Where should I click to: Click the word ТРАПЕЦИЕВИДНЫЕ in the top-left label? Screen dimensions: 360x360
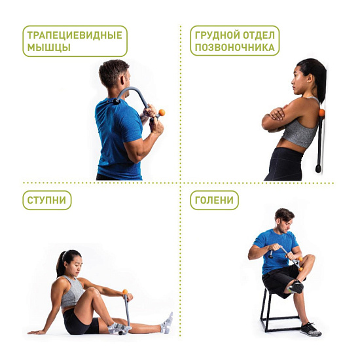[75, 35]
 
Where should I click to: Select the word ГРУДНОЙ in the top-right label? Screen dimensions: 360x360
[213, 35]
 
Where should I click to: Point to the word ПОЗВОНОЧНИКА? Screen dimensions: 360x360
[234, 48]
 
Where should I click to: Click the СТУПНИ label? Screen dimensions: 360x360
[46, 200]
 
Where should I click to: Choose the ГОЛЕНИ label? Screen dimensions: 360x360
[214, 200]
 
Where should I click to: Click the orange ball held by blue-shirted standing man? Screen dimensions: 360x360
[162, 113]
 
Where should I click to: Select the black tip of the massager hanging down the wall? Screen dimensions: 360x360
[318, 169]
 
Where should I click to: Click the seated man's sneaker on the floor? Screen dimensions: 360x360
[311, 329]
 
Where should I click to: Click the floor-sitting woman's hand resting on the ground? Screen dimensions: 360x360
[34, 331]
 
